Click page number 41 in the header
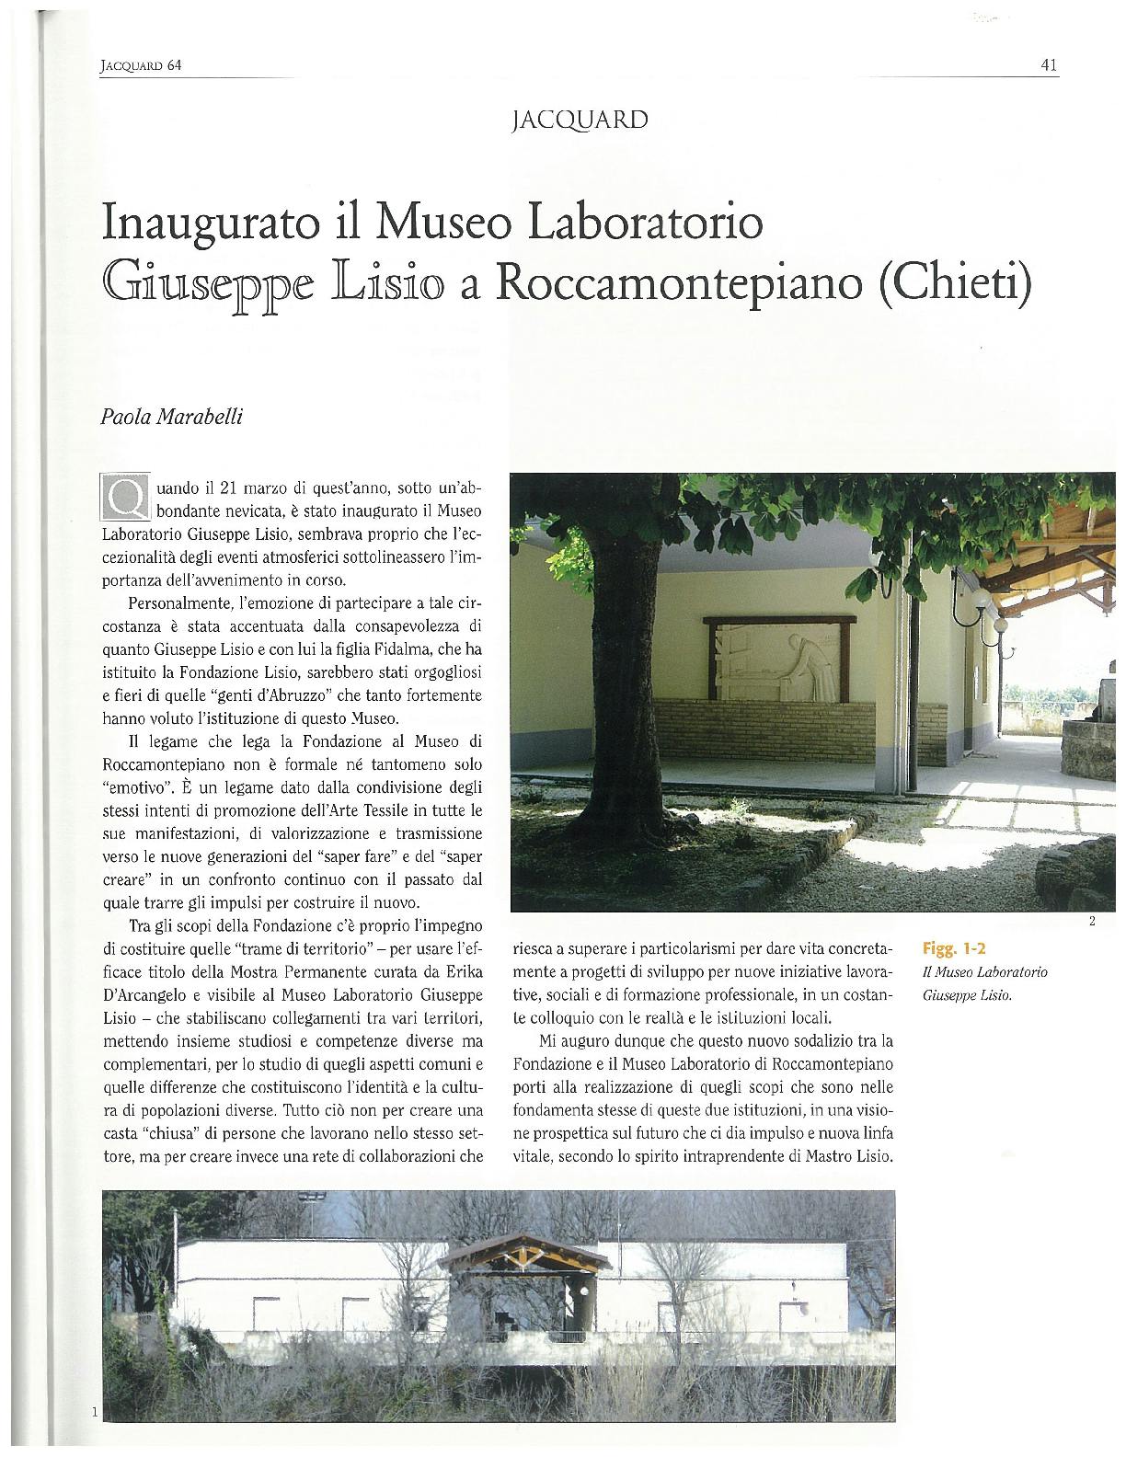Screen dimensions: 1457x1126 (x=1049, y=65)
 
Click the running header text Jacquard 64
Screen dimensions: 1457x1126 (x=138, y=66)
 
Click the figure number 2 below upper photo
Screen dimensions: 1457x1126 (x=1091, y=923)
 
